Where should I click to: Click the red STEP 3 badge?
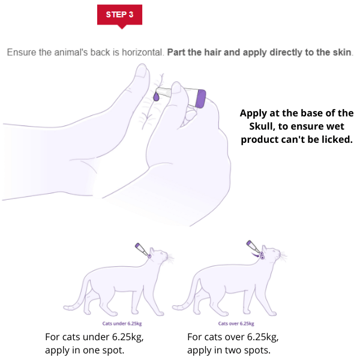119,14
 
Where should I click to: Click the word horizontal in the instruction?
142,53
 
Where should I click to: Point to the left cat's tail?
77,295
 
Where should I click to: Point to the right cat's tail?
190,295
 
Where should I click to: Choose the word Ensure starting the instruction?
22,53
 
